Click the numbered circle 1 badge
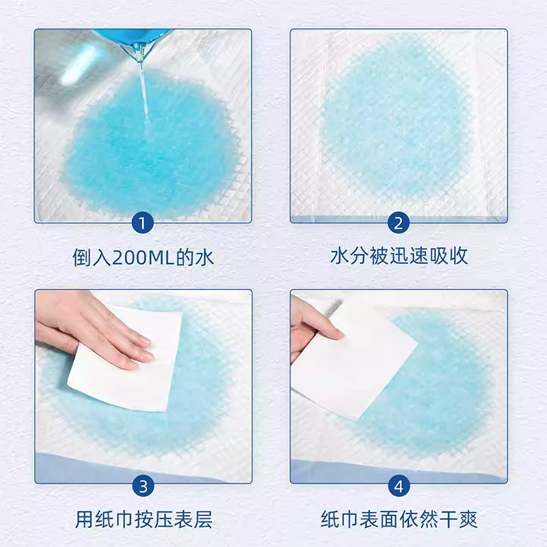click(x=143, y=224)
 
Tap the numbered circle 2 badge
click(x=399, y=224)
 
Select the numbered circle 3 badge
click(x=143, y=486)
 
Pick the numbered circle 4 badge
click(x=399, y=486)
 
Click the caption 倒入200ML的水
click(x=144, y=257)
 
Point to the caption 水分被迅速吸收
click(x=399, y=257)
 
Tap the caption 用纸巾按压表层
click(x=144, y=519)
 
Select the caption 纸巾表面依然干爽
click(x=399, y=519)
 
